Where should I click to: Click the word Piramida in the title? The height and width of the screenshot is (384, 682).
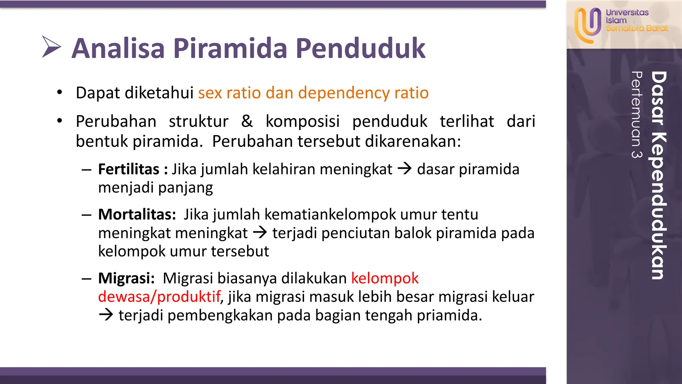pyautogui.click(x=230, y=49)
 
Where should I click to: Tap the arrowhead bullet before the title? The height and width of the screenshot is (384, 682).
pyautogui.click(x=51, y=47)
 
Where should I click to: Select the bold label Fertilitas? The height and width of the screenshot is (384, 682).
pyautogui.click(x=129, y=169)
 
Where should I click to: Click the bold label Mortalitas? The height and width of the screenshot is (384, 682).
pyautogui.click(x=137, y=214)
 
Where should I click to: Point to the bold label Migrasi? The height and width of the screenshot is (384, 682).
pyautogui.click(x=126, y=278)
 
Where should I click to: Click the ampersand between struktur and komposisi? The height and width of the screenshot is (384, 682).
pyautogui.click(x=247, y=121)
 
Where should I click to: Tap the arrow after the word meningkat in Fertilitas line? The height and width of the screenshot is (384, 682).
pyautogui.click(x=405, y=169)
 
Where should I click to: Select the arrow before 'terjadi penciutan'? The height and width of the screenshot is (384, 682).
pyautogui.click(x=260, y=232)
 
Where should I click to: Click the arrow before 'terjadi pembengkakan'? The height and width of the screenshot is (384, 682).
pyautogui.click(x=106, y=315)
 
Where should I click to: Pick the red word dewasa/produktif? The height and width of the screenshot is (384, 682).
pyautogui.click(x=159, y=297)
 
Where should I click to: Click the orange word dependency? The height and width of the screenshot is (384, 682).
pyautogui.click(x=344, y=93)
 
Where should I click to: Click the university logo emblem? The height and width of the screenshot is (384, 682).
pyautogui.click(x=587, y=25)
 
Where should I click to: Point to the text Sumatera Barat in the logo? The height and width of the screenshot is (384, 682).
pyautogui.click(x=637, y=29)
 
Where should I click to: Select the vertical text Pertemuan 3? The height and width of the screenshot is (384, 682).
pyautogui.click(x=637, y=115)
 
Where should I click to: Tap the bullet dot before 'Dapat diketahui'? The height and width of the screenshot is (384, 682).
pyautogui.click(x=60, y=92)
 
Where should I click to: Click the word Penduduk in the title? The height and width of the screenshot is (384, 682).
pyautogui.click(x=360, y=49)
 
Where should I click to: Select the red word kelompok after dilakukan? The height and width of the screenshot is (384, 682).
pyautogui.click(x=385, y=278)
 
